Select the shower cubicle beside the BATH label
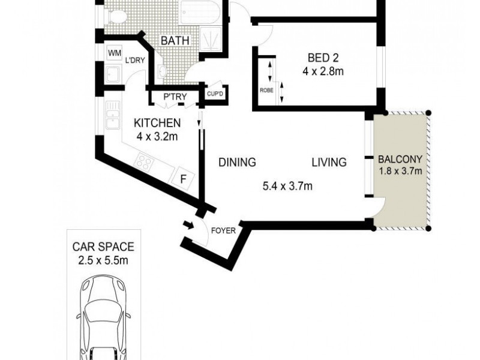pos(209,39)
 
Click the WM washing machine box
pos(113,53)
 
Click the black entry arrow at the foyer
pos(187,226)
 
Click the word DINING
pos(237,162)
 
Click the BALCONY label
pos(401,160)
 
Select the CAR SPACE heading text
pos(103,247)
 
